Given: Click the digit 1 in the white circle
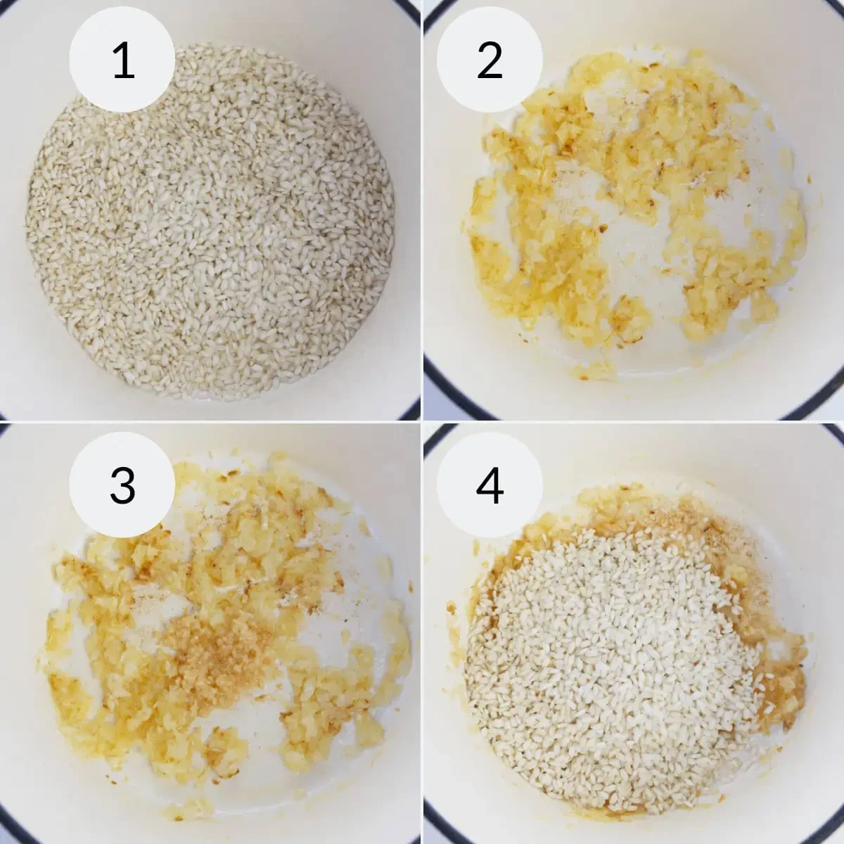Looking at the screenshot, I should [x=122, y=60].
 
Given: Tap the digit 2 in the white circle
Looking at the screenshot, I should [x=490, y=60].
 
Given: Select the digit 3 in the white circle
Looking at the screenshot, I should [x=122, y=485].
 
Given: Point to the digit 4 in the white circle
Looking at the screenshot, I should [x=490, y=485].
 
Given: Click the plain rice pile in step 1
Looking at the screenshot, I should [x=211, y=225].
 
